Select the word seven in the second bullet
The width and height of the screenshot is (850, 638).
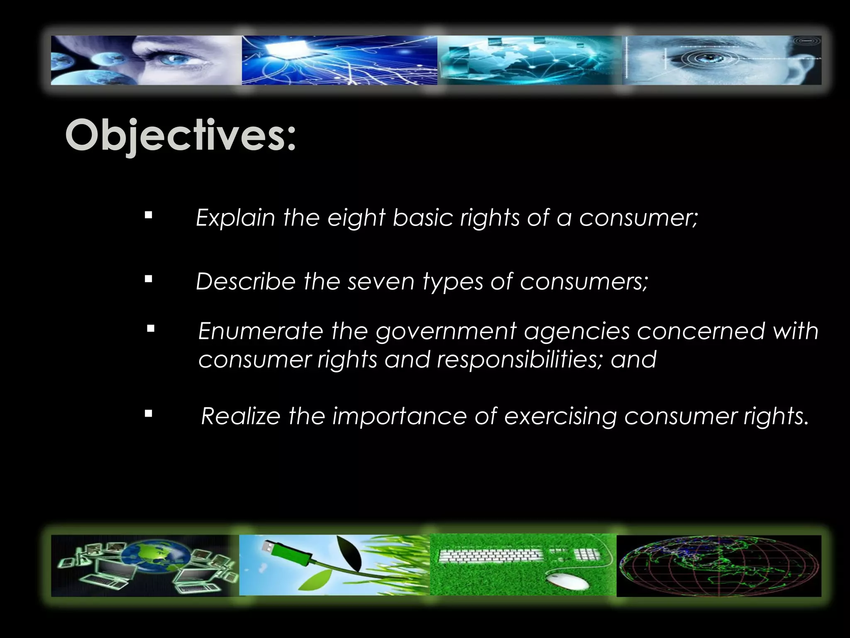coord(381,281)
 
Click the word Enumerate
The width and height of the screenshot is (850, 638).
coord(260,331)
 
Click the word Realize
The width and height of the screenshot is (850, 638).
coord(240,416)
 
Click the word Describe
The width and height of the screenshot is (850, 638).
coord(245,281)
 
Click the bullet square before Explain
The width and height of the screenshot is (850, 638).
coord(149,216)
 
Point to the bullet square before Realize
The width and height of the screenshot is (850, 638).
coord(149,414)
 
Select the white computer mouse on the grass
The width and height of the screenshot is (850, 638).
coord(567,581)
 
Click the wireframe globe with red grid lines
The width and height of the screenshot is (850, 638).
coord(718,565)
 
